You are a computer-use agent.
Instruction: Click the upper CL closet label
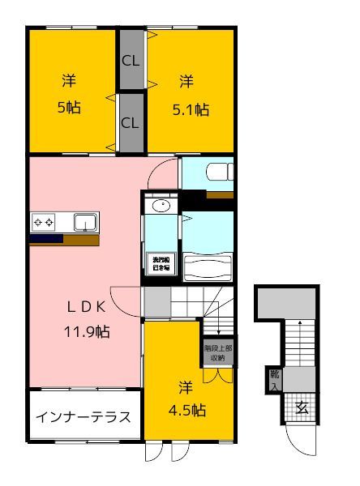tap(130, 61)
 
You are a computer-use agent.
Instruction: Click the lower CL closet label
tap(130, 123)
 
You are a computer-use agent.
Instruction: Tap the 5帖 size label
tap(68, 108)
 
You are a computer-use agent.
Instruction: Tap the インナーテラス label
tap(84, 418)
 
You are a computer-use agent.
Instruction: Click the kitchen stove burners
tap(43, 222)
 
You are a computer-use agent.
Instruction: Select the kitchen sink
tap(84, 222)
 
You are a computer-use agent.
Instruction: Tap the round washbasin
tap(161, 206)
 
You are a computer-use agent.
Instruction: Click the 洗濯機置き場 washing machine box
tap(158, 263)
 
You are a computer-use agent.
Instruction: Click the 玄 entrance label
tap(301, 407)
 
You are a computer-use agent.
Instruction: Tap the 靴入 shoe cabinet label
tap(275, 379)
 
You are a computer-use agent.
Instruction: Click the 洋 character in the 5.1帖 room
tap(186, 81)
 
